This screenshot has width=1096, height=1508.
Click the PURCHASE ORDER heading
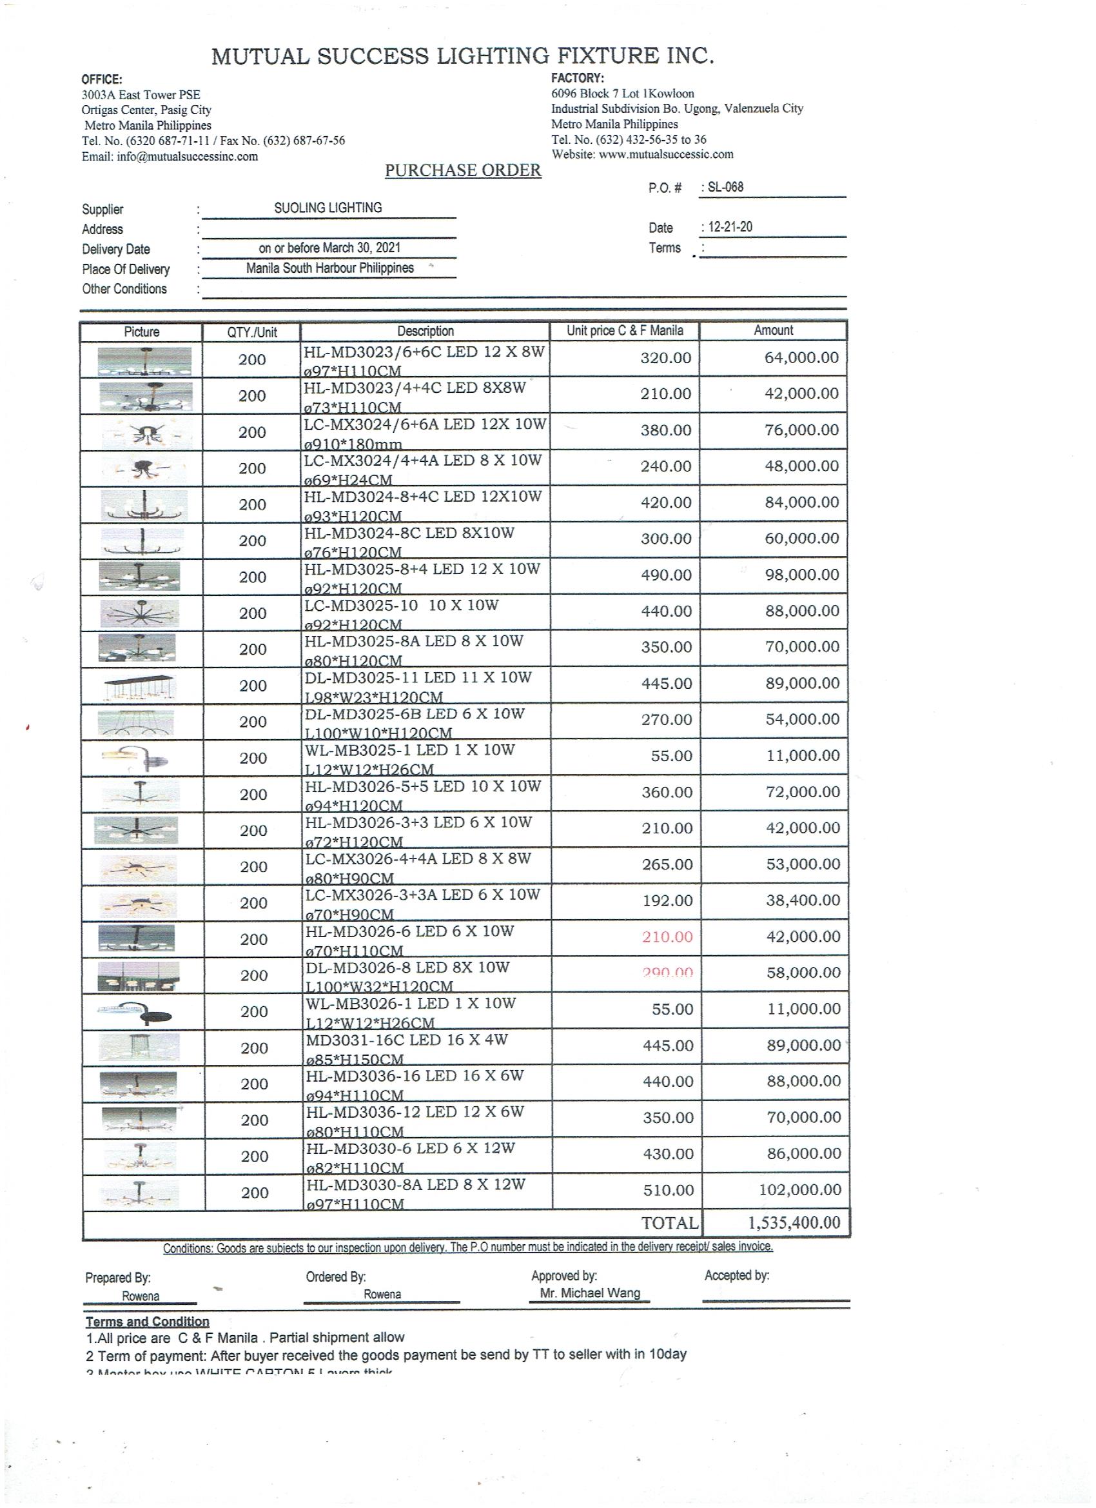pos(463,170)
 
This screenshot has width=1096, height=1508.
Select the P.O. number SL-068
pos(725,187)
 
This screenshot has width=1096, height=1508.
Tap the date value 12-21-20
pos(730,227)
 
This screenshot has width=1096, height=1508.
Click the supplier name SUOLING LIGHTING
pos(328,208)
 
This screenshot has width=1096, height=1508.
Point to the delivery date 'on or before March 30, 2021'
pos(329,248)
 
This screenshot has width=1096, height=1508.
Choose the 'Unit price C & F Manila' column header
pos(624,330)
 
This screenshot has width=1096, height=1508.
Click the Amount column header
pos(773,330)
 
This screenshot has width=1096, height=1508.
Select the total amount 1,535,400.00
pos(794,1222)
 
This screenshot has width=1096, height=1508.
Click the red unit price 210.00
pos(667,937)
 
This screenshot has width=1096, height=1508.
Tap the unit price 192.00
pos(667,901)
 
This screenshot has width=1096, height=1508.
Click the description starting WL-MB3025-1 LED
pos(409,751)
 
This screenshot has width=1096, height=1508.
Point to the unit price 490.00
pos(666,575)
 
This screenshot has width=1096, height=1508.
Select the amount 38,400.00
pos(803,900)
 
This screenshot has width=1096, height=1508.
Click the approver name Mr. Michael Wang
pos(589,1293)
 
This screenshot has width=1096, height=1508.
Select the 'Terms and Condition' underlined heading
pos(147,1322)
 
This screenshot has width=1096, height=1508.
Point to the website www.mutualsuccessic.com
pos(666,154)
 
